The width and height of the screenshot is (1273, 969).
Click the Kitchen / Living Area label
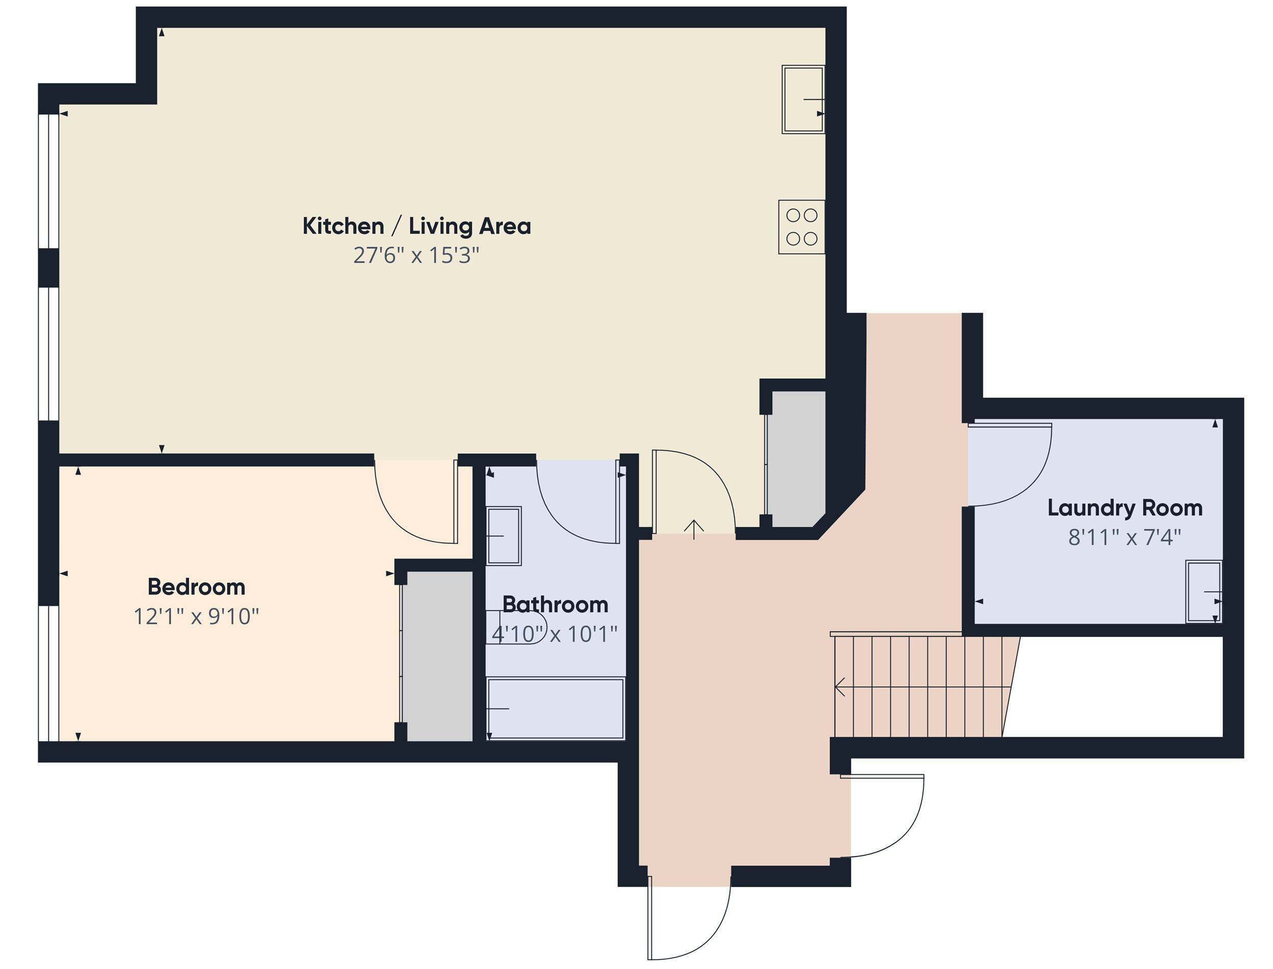pyautogui.click(x=416, y=226)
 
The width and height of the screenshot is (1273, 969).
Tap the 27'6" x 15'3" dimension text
pyautogui.click(x=416, y=255)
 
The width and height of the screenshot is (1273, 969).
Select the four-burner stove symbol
pyautogui.click(x=801, y=227)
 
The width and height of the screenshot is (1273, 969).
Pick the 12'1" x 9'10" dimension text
pyautogui.click(x=196, y=616)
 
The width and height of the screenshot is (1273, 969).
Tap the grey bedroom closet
pyautogui.click(x=437, y=656)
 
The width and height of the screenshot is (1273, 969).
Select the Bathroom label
pyautogui.click(x=555, y=604)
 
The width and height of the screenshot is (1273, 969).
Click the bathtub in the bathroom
pyautogui.click(x=555, y=708)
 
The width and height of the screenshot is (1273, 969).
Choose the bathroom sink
pyautogui.click(x=503, y=536)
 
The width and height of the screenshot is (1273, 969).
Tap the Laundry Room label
pyautogui.click(x=1124, y=508)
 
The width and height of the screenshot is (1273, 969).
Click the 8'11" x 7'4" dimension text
pyautogui.click(x=1124, y=537)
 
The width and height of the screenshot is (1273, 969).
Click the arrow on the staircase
pyautogui.click(x=840, y=686)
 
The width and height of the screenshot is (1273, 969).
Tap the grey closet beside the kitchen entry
pyautogui.click(x=798, y=459)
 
